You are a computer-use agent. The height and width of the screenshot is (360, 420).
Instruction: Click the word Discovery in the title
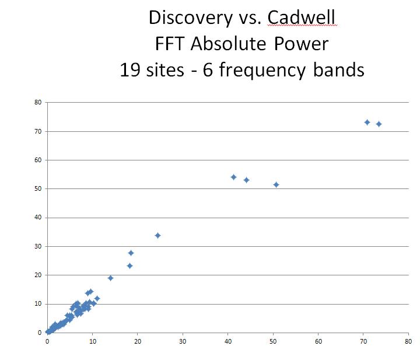[x=191, y=18]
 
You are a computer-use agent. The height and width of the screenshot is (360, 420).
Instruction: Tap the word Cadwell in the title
[x=302, y=17]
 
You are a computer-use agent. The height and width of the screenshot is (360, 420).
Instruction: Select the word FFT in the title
[x=170, y=43]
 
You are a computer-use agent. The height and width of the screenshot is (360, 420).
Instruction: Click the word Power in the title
[x=301, y=43]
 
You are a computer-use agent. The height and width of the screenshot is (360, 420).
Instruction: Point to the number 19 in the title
[x=130, y=69]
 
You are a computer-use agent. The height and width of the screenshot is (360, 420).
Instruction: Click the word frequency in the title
[x=262, y=71]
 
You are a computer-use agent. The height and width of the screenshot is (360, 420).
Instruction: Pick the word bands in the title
[x=338, y=69]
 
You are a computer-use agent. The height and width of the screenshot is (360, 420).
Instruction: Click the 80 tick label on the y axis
[x=38, y=102]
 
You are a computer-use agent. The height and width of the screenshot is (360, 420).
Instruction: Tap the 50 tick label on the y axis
[x=38, y=188]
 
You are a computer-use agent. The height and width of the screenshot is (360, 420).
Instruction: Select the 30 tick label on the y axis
[x=38, y=246]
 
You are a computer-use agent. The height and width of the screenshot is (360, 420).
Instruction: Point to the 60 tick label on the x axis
[x=318, y=341]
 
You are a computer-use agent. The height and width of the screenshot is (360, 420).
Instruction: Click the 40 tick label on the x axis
[x=228, y=341]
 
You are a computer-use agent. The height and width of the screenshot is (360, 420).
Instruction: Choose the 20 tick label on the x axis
[x=138, y=341]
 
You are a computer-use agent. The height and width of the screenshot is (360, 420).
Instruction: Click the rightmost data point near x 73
[x=379, y=124]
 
